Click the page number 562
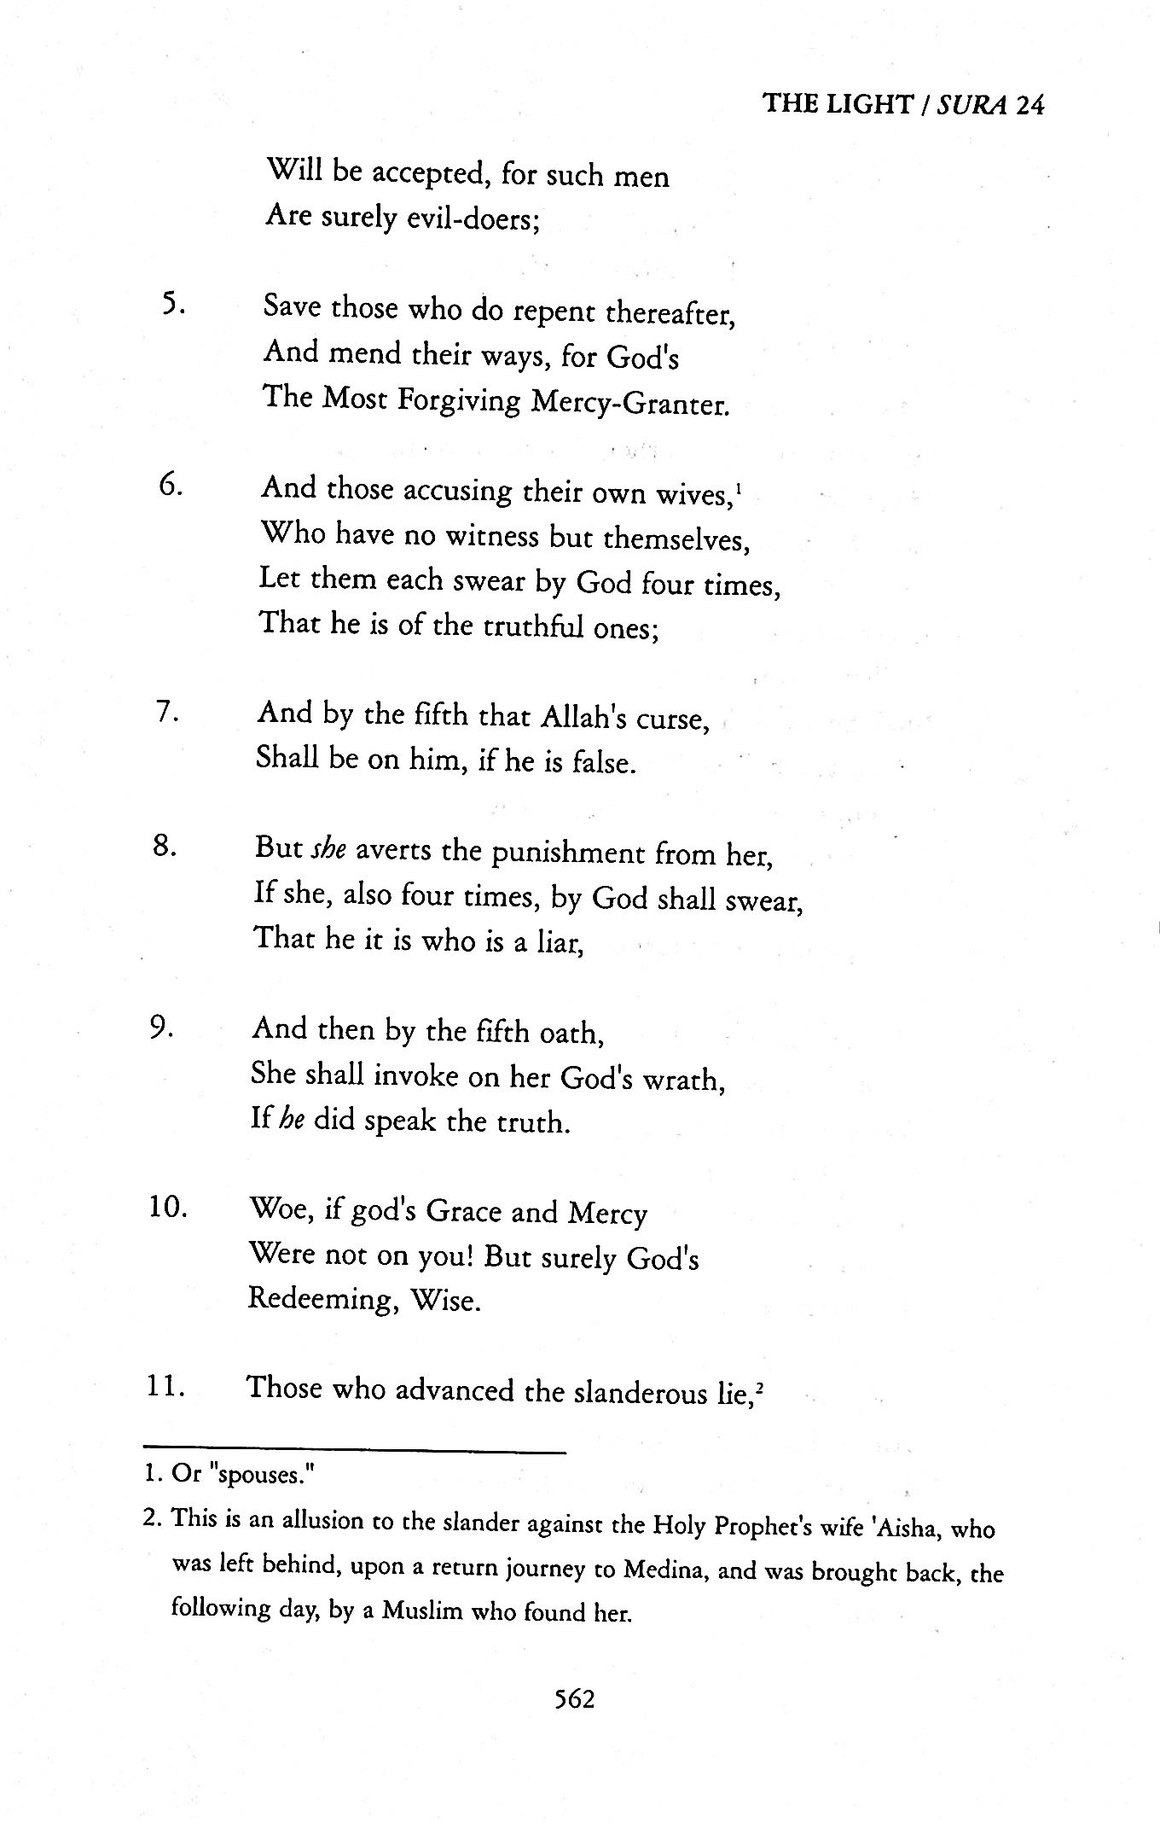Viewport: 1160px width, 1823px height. pyautogui.click(x=574, y=1699)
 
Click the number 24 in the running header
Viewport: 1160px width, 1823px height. pyautogui.click(x=1030, y=104)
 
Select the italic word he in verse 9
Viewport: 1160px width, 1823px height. pyautogui.click(x=292, y=1120)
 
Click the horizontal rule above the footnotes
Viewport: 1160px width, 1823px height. pyautogui.click(x=354, y=1451)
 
